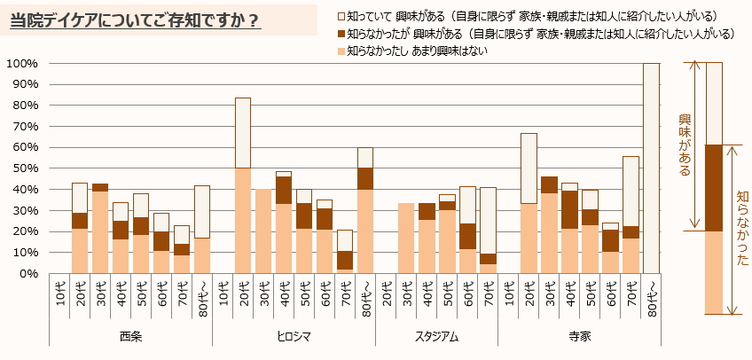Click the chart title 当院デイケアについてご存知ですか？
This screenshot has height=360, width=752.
135,20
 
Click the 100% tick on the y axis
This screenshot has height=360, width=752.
21,63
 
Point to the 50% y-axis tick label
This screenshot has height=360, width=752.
24,168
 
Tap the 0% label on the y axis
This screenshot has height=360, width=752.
27,273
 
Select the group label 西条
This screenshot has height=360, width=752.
130,336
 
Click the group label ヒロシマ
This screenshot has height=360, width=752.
294,336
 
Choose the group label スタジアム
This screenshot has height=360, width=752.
436,336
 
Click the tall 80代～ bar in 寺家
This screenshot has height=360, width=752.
651,168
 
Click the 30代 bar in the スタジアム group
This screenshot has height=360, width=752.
406,239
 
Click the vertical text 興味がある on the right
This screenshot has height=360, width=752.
685,145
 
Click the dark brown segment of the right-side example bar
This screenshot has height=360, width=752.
714,188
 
